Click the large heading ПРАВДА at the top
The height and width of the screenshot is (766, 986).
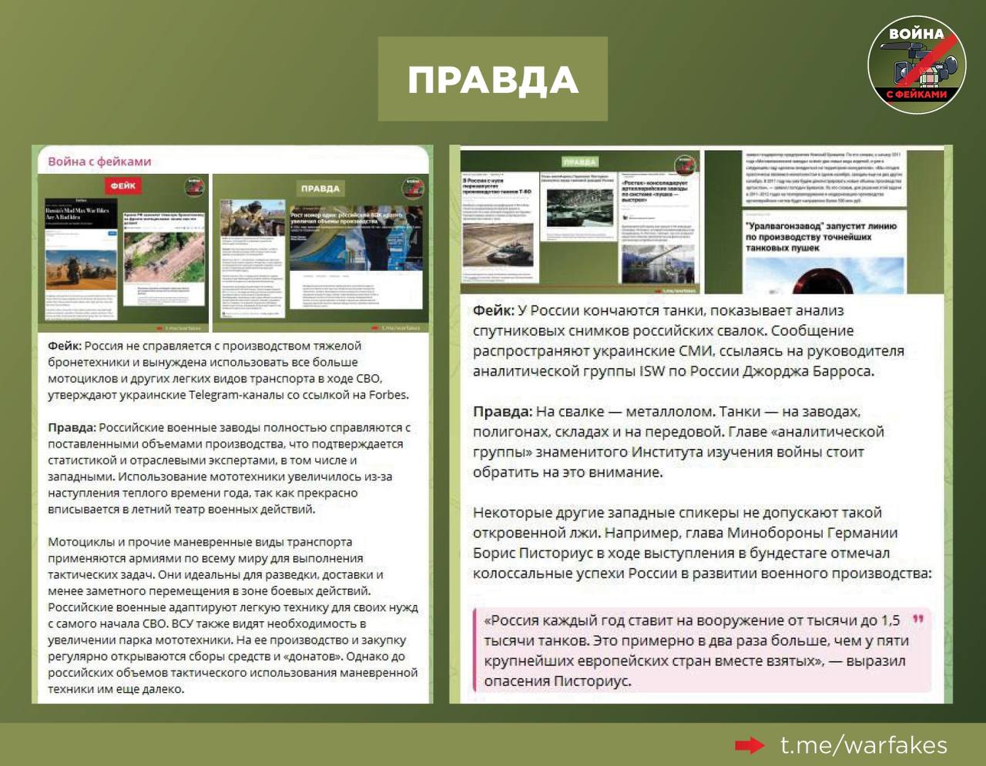coord(492,80)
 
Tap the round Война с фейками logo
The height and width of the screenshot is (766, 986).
coord(917,66)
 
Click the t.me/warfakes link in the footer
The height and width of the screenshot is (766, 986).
coord(864,745)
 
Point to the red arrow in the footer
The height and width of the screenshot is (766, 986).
coord(749,745)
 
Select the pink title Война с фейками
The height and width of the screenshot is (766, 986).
coord(99,162)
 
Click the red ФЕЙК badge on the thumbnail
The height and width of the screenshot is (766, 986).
coord(123,186)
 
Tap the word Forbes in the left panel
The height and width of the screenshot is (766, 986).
coord(387,395)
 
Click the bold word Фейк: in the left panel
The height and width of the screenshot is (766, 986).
coord(65,346)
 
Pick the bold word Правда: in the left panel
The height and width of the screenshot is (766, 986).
coord(72,427)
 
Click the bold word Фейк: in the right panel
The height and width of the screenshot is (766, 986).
coord(493,310)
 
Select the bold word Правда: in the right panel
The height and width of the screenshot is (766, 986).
coord(502,412)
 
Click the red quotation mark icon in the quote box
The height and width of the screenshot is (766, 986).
coord(917,619)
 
